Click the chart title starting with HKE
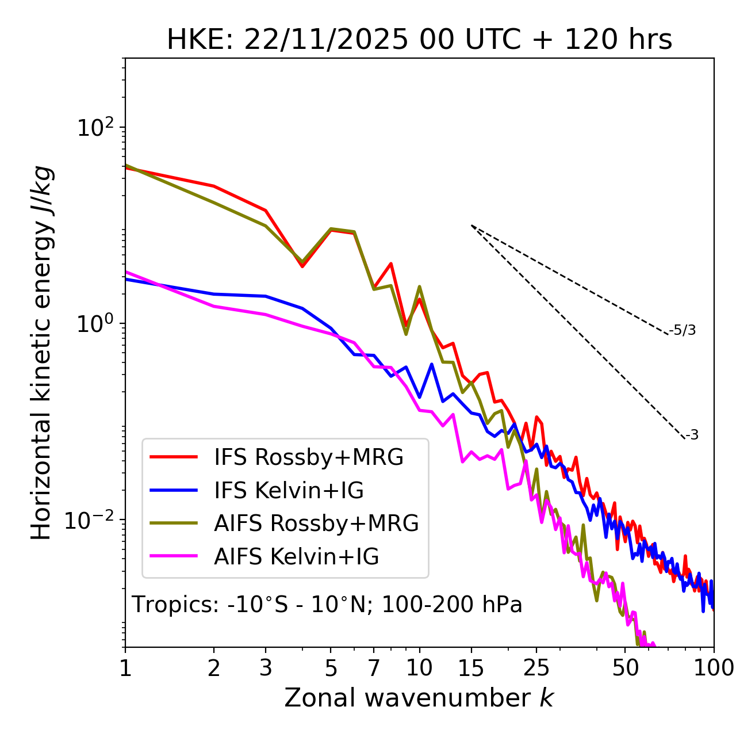point(419,40)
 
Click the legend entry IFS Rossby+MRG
point(309,457)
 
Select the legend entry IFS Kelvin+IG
point(289,491)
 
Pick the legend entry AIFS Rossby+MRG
point(316,524)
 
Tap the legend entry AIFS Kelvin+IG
point(296,557)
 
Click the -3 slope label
point(692,436)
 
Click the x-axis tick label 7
point(374,668)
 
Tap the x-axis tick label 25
point(536,668)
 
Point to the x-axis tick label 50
point(625,668)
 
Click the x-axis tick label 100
point(714,668)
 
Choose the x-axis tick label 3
point(266,668)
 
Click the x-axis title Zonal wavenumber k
point(419,698)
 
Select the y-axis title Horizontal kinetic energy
point(41,353)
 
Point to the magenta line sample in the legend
point(174,557)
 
